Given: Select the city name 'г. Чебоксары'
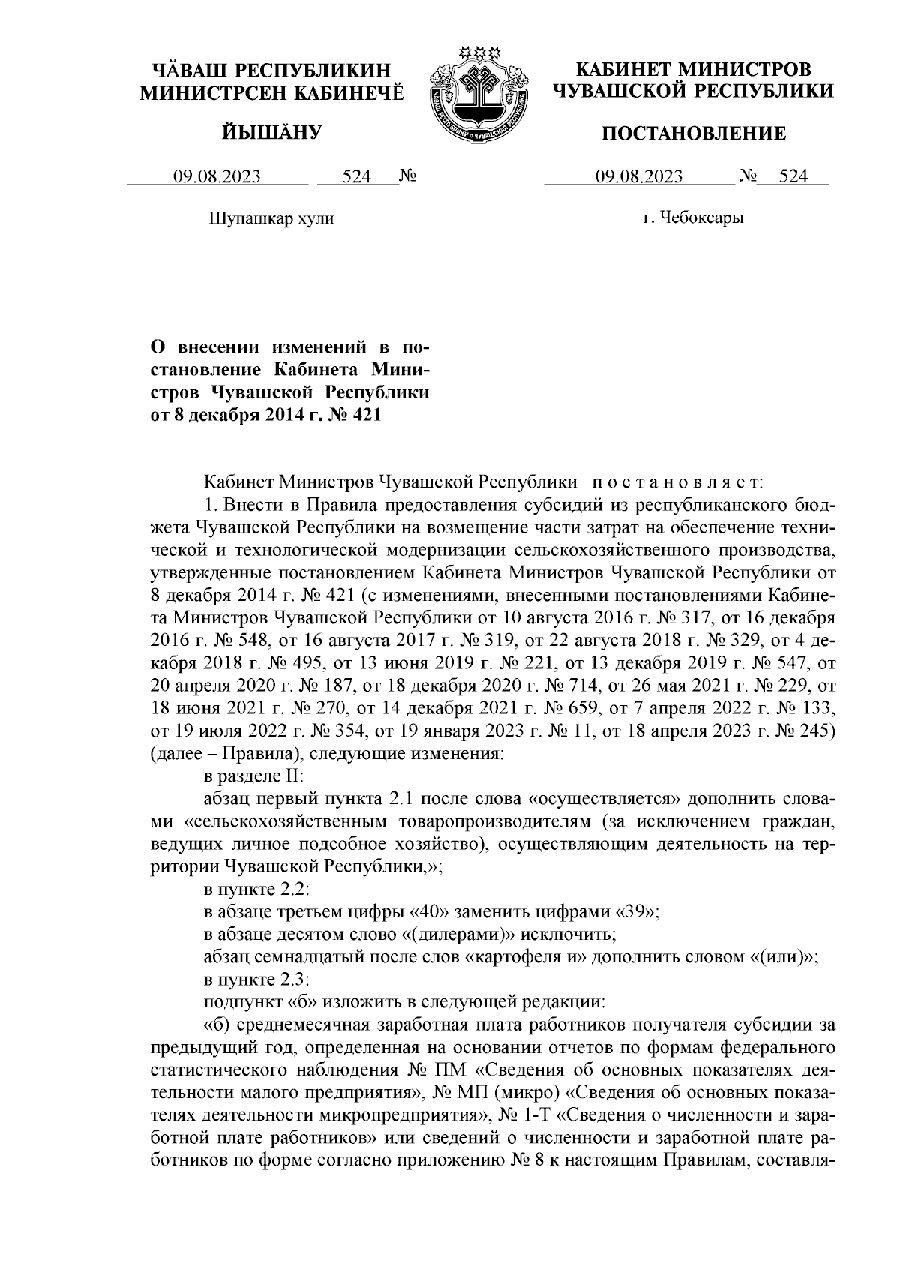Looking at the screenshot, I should [693, 218].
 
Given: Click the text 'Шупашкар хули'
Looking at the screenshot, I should [269, 218].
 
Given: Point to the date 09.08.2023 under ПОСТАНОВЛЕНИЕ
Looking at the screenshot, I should [638, 177].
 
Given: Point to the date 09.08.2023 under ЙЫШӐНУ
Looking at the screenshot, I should [217, 177].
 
